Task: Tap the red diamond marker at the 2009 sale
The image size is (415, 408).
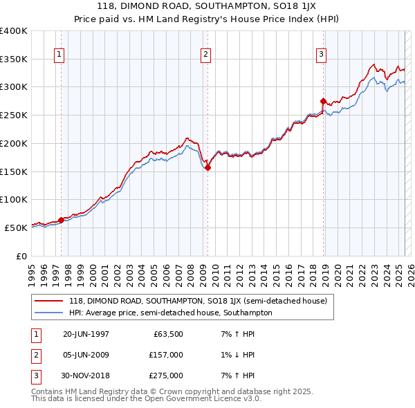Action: pyautogui.click(x=207, y=167)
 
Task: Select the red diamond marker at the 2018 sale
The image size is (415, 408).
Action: pyautogui.click(x=324, y=101)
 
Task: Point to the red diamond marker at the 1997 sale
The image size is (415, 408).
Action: pyautogui.click(x=61, y=220)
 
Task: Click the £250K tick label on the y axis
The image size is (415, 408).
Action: pyautogui.click(x=14, y=115)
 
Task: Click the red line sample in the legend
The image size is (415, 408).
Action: pyautogui.click(x=50, y=301)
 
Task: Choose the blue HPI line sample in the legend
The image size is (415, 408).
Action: pyautogui.click(x=50, y=313)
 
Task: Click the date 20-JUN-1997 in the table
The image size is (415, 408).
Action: pyautogui.click(x=86, y=334)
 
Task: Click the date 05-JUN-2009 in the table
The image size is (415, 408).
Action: pyautogui.click(x=86, y=355)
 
